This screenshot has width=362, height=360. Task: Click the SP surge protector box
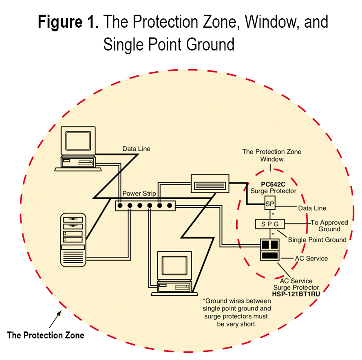(269, 203)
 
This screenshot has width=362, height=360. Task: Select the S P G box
(269, 224)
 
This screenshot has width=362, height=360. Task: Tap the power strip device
(145, 206)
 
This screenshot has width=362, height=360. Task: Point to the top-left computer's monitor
(78, 140)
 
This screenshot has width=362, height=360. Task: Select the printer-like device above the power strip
(210, 184)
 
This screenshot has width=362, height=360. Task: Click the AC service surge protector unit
(269, 249)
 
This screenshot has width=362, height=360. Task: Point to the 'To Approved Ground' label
(329, 226)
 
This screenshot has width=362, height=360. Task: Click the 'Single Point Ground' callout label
(317, 240)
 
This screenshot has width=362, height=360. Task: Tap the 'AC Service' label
(311, 258)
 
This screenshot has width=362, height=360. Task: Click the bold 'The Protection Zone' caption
(46, 336)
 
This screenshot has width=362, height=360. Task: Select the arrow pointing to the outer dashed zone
(55, 319)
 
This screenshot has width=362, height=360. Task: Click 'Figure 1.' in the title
(68, 22)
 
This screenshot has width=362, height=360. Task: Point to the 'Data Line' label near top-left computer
(136, 149)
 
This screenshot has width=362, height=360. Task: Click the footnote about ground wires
(236, 313)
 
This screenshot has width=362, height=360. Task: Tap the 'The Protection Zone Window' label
(271, 155)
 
